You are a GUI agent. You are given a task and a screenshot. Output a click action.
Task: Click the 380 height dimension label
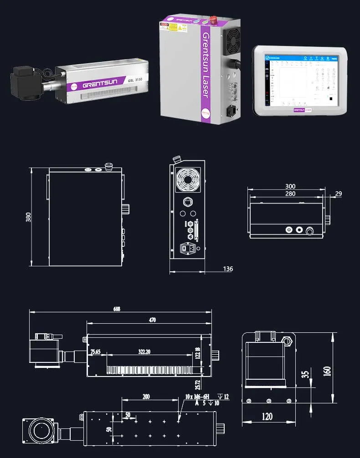click(28, 217)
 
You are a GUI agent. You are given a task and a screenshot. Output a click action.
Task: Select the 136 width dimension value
click(227, 269)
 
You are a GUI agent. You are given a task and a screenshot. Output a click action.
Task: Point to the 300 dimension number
click(290, 186)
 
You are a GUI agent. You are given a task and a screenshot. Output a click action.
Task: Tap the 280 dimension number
click(290, 194)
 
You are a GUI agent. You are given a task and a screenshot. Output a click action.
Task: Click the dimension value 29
click(338, 194)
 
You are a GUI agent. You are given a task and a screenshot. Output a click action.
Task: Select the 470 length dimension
click(152, 320)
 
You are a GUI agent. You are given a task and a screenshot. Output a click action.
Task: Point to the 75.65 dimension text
click(95, 352)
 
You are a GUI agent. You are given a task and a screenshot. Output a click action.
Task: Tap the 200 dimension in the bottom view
click(146, 397)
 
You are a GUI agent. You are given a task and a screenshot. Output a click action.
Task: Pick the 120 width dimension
click(267, 416)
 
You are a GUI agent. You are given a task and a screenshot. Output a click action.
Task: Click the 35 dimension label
click(305, 374)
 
